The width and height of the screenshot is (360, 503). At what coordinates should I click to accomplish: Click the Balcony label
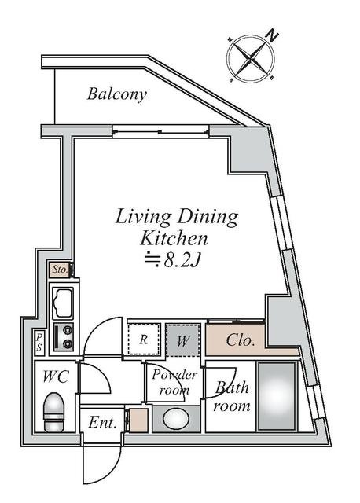pos(117,94)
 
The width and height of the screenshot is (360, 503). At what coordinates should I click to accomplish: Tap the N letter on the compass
pos(273,35)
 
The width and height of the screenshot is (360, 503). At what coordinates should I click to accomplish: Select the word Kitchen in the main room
pos(174,238)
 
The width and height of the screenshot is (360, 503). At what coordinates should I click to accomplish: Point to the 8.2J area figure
pos(182,261)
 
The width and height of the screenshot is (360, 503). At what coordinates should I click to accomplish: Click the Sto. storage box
pos(60,270)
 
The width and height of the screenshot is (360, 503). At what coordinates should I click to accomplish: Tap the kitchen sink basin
pos(63,303)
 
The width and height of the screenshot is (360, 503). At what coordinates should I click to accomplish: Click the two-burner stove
pos(63,337)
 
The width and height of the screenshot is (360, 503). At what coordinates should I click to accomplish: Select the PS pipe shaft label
pos(39,343)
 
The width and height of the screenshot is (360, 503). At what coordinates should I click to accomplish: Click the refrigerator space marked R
pos(144,340)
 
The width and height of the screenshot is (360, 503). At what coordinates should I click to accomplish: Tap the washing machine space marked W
pos(183,340)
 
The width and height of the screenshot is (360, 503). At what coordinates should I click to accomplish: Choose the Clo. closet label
pos(241,340)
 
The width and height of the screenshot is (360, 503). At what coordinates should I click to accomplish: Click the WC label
pos(56,376)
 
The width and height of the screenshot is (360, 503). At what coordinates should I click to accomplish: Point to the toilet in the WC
pos(54,412)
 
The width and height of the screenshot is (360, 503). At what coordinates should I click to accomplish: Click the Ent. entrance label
pos(102,422)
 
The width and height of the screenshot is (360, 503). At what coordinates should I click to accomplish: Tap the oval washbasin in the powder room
pos(176,419)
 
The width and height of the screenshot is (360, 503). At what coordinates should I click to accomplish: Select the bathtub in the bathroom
pos(277,396)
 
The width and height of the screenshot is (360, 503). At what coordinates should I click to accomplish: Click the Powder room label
pos(174,382)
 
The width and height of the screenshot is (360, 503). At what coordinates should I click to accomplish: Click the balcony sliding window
pos(160,131)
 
